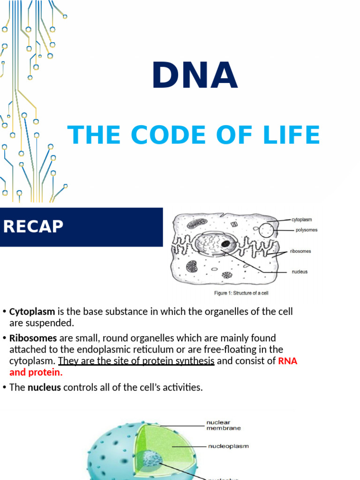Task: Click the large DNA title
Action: (x=195, y=76)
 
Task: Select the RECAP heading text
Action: (x=33, y=227)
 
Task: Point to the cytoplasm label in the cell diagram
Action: (x=301, y=219)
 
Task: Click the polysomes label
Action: (x=307, y=230)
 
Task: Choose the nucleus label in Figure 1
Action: (x=300, y=272)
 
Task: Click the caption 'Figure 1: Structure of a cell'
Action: (x=241, y=293)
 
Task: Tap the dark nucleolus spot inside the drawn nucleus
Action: (x=225, y=244)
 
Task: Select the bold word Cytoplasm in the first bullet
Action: (x=32, y=312)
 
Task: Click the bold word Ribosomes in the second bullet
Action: (x=33, y=338)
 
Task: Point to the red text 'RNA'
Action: (x=288, y=361)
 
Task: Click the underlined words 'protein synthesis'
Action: (x=181, y=361)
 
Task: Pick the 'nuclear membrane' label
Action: (x=224, y=425)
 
